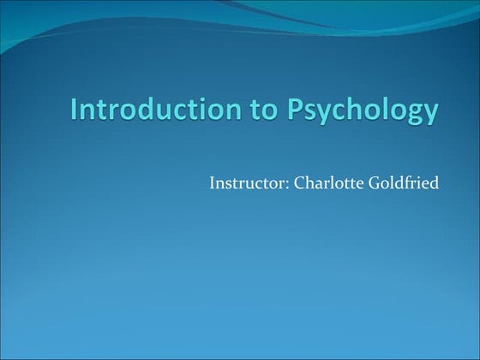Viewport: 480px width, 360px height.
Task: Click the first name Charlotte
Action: click(317, 183)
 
